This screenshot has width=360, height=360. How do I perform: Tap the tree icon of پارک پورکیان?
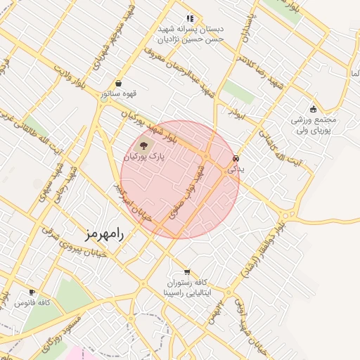click(x=143, y=146)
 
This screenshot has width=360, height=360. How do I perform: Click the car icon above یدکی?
click(x=236, y=159)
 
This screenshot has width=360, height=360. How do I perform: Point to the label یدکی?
click(x=236, y=170)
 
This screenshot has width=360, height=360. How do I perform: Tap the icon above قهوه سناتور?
click(x=118, y=83)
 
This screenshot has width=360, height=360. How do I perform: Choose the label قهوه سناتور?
click(x=117, y=93)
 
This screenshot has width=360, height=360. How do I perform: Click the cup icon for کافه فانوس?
click(x=32, y=292)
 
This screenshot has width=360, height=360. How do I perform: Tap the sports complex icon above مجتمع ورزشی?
click(x=313, y=109)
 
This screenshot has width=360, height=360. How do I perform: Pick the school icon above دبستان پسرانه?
click(x=188, y=18)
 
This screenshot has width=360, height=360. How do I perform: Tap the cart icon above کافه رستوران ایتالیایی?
click(x=186, y=272)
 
